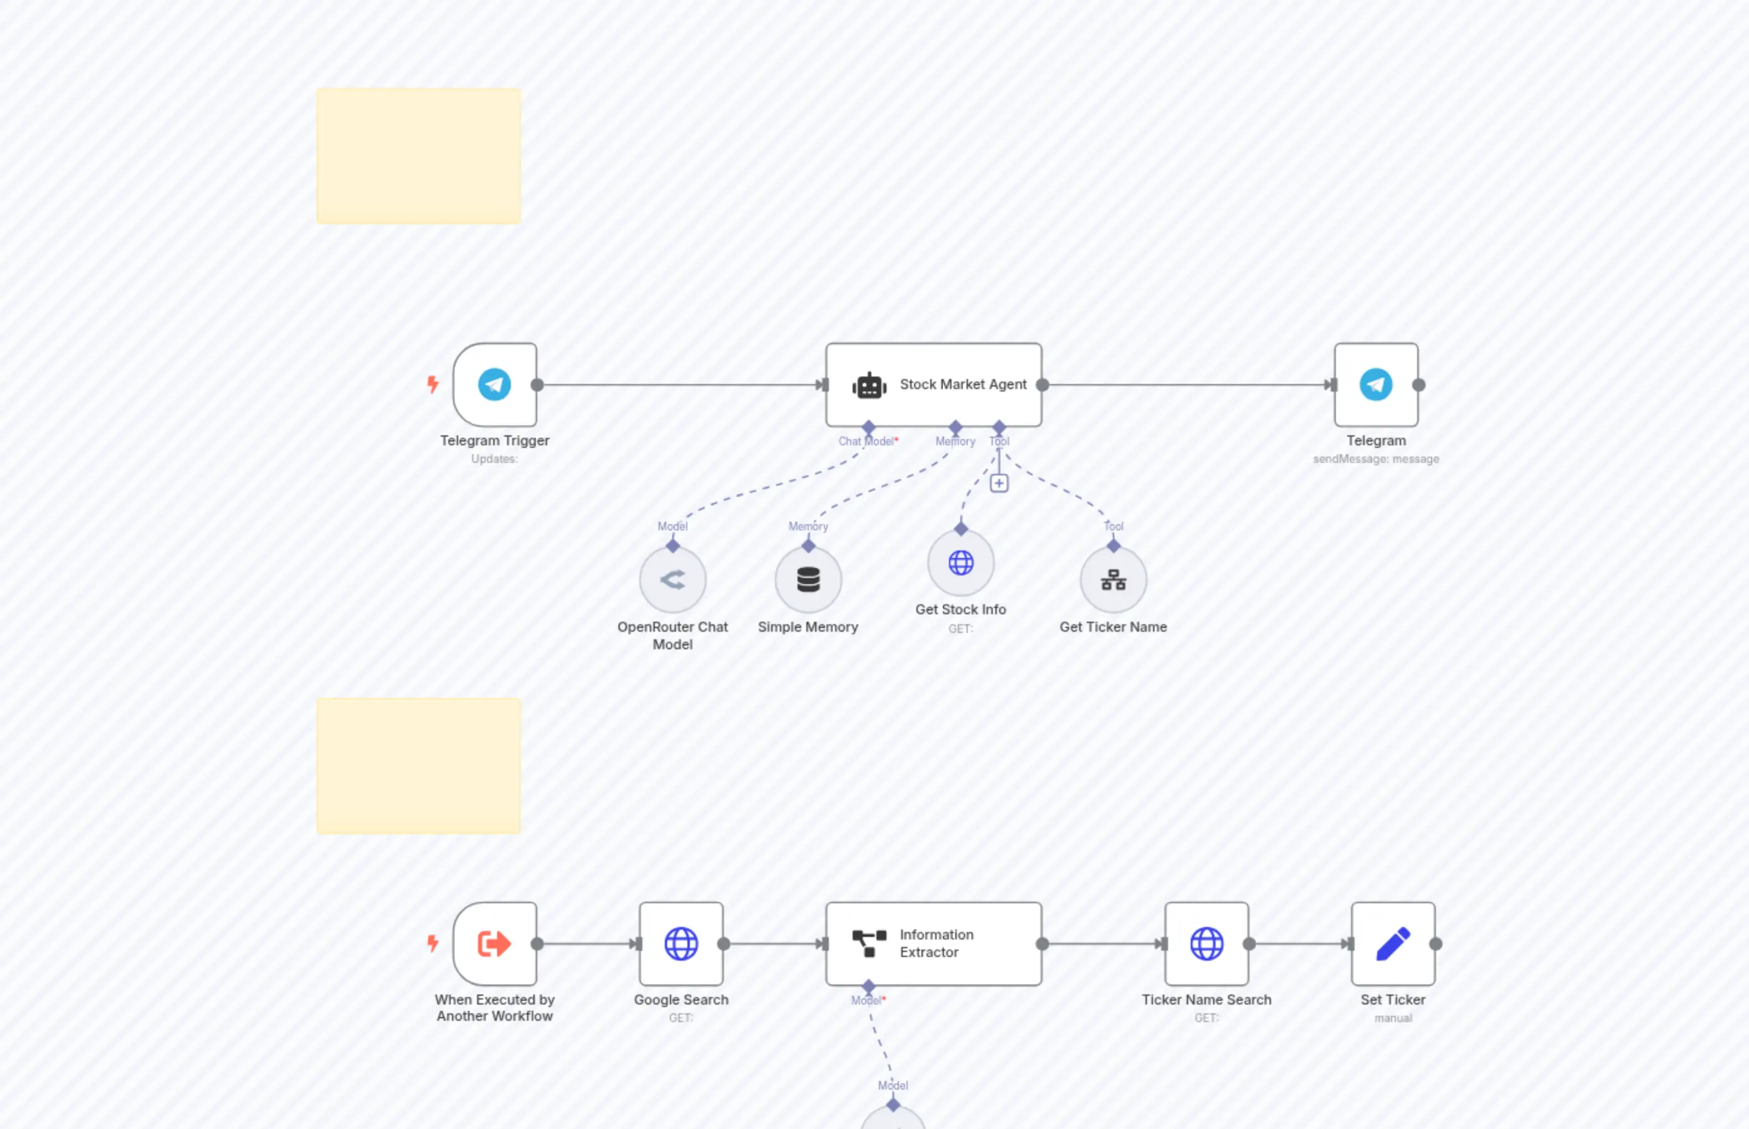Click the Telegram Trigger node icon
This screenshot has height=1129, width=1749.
tap(495, 384)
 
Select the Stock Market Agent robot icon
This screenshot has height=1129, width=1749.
tap(869, 385)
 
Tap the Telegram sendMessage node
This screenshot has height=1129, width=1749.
tap(1375, 384)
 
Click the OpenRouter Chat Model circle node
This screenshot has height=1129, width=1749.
tap(672, 580)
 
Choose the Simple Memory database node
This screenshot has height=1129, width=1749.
tap(808, 580)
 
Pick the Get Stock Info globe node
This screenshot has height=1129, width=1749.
tap(960, 563)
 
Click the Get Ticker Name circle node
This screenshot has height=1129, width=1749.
tap(1113, 580)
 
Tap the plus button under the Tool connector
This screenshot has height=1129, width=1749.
tap(998, 483)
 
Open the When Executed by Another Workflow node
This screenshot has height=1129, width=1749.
tap(495, 943)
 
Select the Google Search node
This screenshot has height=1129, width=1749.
tap(681, 943)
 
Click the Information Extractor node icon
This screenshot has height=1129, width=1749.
tap(869, 943)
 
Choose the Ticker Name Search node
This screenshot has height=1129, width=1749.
tap(1206, 943)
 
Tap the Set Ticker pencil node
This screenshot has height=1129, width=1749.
tap(1392, 943)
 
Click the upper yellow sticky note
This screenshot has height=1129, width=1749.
tap(418, 155)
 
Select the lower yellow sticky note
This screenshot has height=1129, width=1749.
tap(418, 766)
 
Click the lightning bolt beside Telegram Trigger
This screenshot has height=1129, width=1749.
tap(433, 384)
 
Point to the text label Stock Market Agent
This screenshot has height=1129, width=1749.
tap(963, 384)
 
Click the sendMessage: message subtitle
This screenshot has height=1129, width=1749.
tap(1375, 459)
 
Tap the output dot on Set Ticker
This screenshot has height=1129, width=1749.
tap(1436, 943)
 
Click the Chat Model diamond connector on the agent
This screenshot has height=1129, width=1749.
tap(869, 427)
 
